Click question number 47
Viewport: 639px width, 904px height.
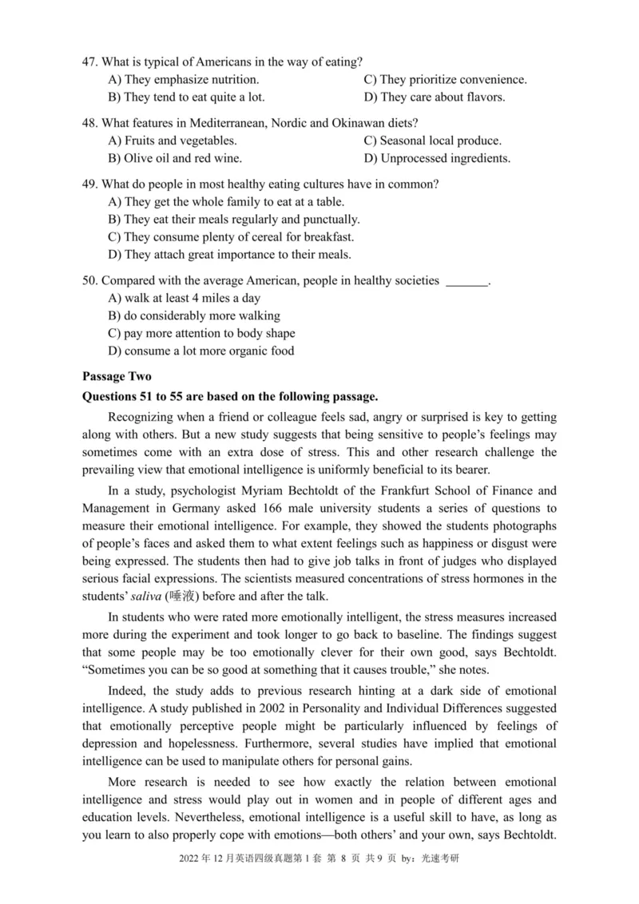click(89, 61)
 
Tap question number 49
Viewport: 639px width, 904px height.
click(89, 184)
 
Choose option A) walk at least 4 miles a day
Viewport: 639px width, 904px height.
click(184, 299)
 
